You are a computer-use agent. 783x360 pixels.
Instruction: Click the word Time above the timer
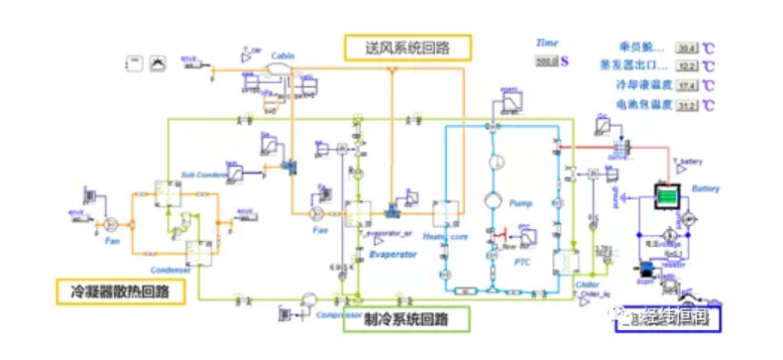[x=548, y=44]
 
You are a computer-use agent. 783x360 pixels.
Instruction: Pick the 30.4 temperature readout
[x=687, y=48]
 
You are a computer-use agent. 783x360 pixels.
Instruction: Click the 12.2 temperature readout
[x=687, y=66]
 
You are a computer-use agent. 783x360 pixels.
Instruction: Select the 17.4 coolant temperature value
[x=687, y=85]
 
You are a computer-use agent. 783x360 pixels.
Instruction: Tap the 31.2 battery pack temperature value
[x=687, y=104]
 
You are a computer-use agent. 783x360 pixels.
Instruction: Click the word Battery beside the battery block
[x=705, y=188]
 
